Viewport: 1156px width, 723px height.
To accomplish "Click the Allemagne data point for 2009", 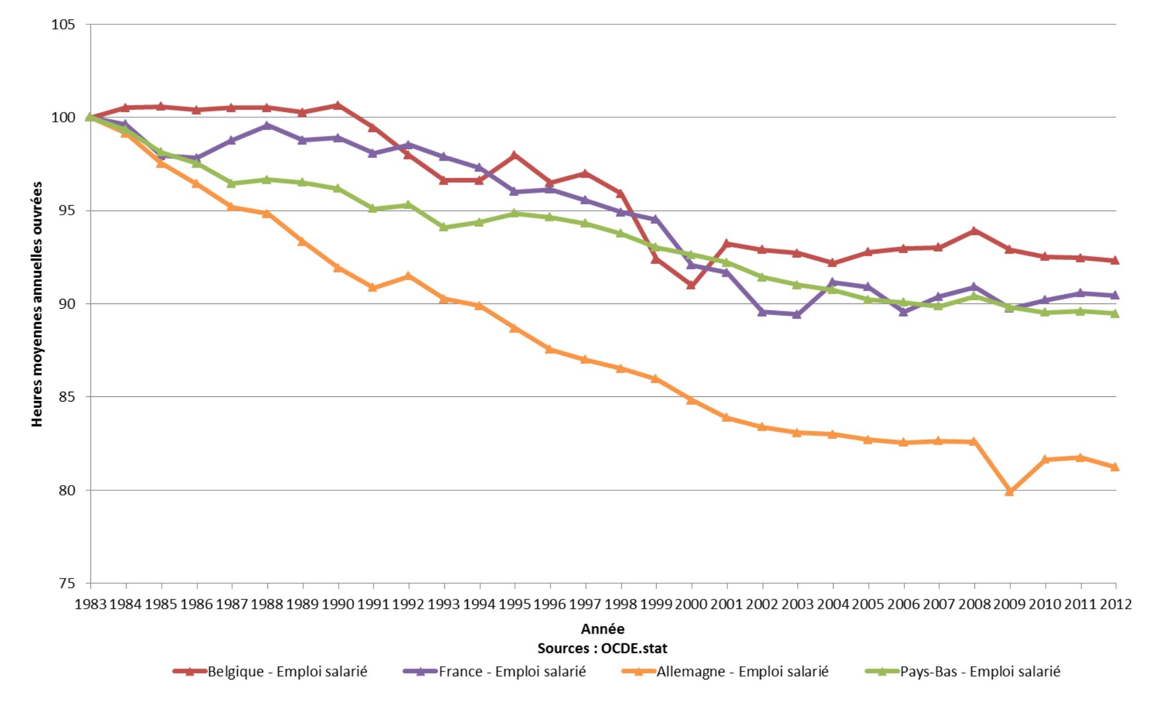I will tap(1009, 491).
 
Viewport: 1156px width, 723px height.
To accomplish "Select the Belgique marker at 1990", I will tap(338, 105).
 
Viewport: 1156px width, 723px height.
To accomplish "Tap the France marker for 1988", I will tap(267, 125).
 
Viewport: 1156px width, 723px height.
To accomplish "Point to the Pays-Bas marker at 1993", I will tap(444, 227).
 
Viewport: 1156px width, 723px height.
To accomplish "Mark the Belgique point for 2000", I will tap(691, 285).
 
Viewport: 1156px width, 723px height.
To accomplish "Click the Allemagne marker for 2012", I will tap(1114, 467).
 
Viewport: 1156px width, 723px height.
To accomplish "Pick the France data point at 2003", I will tap(797, 314).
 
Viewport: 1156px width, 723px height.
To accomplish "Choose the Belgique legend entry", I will tap(270, 671).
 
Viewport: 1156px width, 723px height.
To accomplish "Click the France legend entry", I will tap(494, 671).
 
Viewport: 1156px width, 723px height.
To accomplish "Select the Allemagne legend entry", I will tap(724, 671).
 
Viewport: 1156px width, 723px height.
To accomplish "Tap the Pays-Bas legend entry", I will tap(962, 671).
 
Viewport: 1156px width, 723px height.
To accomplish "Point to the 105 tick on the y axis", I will tap(63, 24).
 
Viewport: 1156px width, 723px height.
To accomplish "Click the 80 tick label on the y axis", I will tap(67, 490).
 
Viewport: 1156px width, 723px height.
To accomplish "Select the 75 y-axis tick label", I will tap(67, 584).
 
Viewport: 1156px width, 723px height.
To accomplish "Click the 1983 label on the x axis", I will tap(90, 604).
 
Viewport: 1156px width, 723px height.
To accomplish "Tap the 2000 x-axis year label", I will tap(691, 604).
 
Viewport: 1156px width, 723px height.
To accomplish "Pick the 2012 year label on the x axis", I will tap(1115, 604).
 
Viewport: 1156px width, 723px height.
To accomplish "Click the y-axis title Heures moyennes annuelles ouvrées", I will tap(37, 304).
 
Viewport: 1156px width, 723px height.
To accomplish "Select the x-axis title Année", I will tap(603, 629).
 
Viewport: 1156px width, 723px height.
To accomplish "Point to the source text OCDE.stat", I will tap(603, 648).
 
